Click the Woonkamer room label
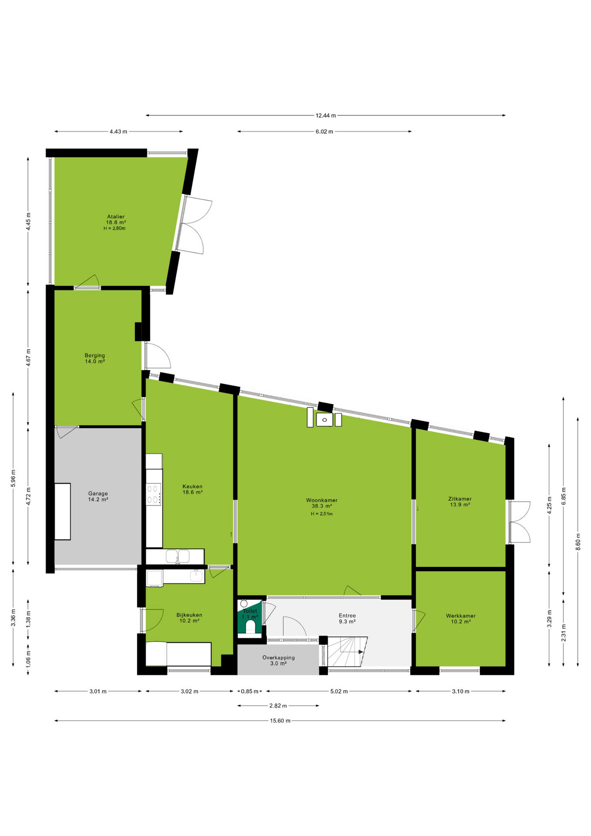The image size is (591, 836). click(x=322, y=500)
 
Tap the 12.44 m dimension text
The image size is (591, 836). click(x=326, y=115)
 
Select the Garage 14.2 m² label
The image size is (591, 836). click(x=98, y=496)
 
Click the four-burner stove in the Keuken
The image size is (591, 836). click(x=154, y=494)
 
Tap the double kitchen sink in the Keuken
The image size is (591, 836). click(x=178, y=556)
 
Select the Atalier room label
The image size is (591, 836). click(x=116, y=216)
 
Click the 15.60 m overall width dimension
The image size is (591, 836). click(x=280, y=721)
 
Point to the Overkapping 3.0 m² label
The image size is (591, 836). click(x=279, y=661)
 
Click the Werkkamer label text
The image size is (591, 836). click(x=460, y=616)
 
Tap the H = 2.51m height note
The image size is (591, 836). click(x=322, y=514)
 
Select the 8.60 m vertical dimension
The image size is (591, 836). click(x=578, y=542)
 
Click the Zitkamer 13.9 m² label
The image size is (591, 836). click(x=460, y=502)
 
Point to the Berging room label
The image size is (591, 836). click(x=95, y=355)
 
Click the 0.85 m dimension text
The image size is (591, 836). click(x=249, y=691)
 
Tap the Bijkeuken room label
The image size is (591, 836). click(x=189, y=615)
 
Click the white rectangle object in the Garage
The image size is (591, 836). click(x=62, y=512)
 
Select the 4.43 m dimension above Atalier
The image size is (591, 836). click(x=118, y=131)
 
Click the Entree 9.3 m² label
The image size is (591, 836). click(x=347, y=618)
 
